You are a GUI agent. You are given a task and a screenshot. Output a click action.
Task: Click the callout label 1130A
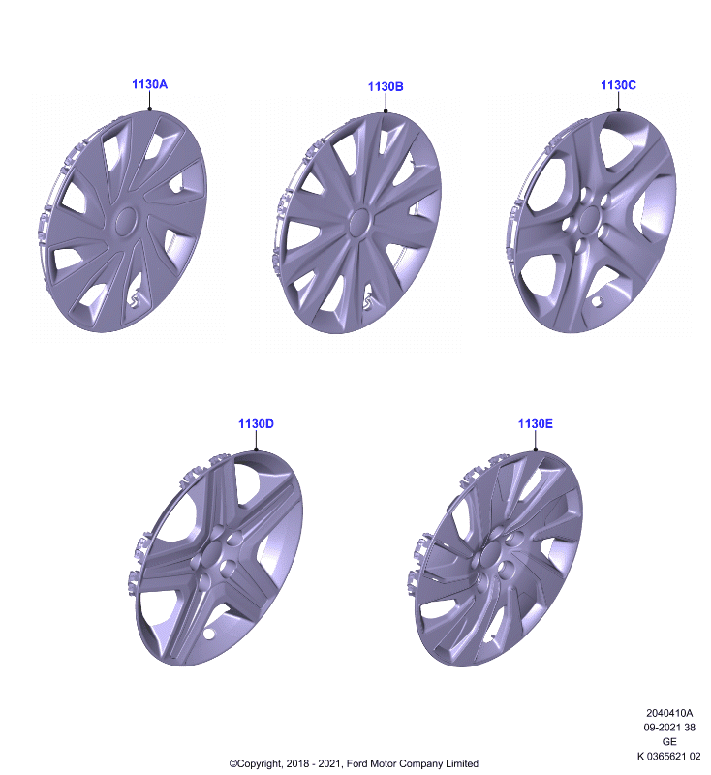149,84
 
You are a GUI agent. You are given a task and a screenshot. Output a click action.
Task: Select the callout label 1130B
386,87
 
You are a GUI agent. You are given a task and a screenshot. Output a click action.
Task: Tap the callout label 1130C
618,85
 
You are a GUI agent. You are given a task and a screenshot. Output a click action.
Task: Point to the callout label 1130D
256,424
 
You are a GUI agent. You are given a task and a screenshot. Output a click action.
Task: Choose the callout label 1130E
535,424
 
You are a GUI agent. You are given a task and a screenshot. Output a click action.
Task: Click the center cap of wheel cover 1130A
126,221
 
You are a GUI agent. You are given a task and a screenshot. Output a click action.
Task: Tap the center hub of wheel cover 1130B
359,222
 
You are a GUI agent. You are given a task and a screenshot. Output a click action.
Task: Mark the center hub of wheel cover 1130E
493,553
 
